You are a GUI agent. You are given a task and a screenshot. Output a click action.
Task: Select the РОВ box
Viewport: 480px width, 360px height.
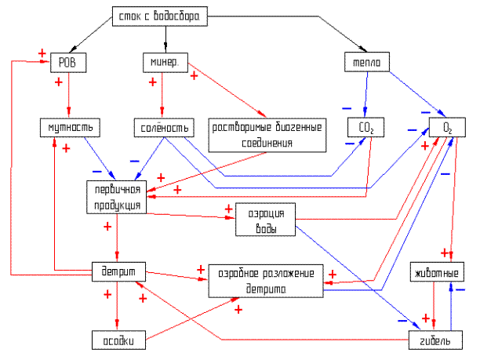pyautogui.click(x=68, y=61)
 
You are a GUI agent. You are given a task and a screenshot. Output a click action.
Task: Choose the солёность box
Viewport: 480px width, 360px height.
pyautogui.click(x=161, y=127)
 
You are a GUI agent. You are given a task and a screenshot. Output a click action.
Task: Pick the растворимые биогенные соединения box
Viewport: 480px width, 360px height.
pyautogui.click(x=268, y=133)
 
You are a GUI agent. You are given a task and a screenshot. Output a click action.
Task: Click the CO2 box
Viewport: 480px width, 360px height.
pyautogui.click(x=364, y=127)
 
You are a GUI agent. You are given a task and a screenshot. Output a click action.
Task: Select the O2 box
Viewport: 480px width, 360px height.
pyautogui.click(x=447, y=127)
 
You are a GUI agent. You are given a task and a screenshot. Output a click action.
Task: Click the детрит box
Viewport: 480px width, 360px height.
pyautogui.click(x=116, y=271)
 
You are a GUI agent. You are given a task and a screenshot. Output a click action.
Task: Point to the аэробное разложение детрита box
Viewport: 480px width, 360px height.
pyautogui.click(x=266, y=281)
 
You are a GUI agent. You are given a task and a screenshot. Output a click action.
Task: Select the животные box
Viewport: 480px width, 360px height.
pyautogui.click(x=435, y=273)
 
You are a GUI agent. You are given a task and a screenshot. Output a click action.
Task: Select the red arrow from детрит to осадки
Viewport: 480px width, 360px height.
pyautogui.click(x=116, y=306)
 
